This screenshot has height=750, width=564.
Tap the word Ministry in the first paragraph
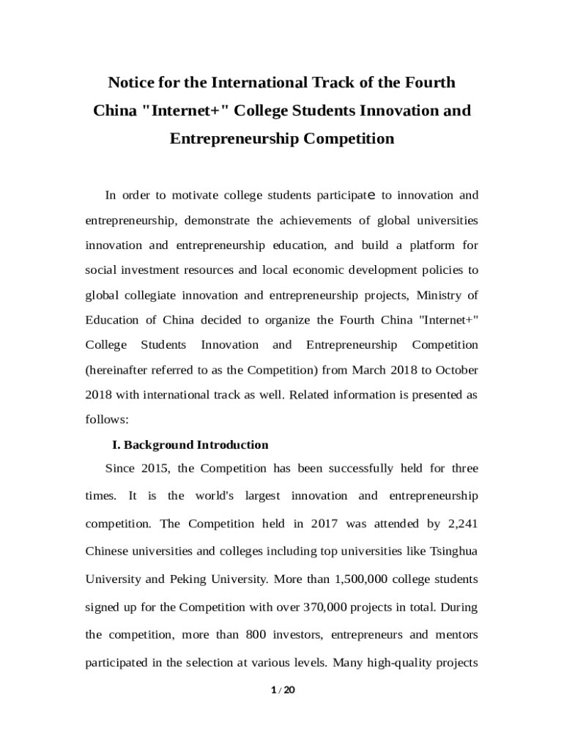(437, 295)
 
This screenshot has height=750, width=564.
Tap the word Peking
(190, 579)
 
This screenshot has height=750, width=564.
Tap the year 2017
(324, 524)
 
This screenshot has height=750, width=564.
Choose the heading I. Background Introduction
(190, 445)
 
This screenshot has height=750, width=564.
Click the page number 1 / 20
(282, 689)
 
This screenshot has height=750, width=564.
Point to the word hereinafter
(120, 370)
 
